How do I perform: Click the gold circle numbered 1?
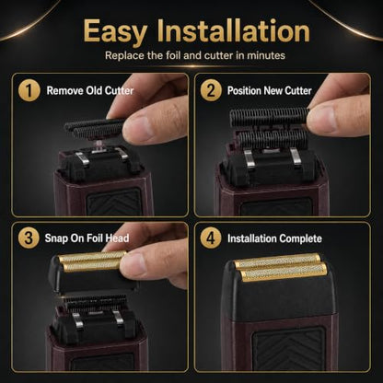click(x=29, y=91)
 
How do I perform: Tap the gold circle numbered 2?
click(x=211, y=91)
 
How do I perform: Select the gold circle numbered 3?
click(x=29, y=238)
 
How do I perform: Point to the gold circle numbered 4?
click(x=211, y=238)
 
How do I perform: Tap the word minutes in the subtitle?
click(x=266, y=55)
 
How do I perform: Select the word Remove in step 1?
click(x=64, y=91)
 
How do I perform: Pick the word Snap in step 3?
click(x=56, y=238)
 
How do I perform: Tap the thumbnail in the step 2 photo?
click(x=321, y=118)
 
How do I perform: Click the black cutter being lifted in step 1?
click(x=95, y=128)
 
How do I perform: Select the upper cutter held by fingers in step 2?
click(x=269, y=117)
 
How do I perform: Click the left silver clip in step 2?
click(x=250, y=159)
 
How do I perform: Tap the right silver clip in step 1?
click(x=122, y=154)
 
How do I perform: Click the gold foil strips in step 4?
click(x=281, y=267)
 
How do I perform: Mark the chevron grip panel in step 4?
click(x=289, y=349)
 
